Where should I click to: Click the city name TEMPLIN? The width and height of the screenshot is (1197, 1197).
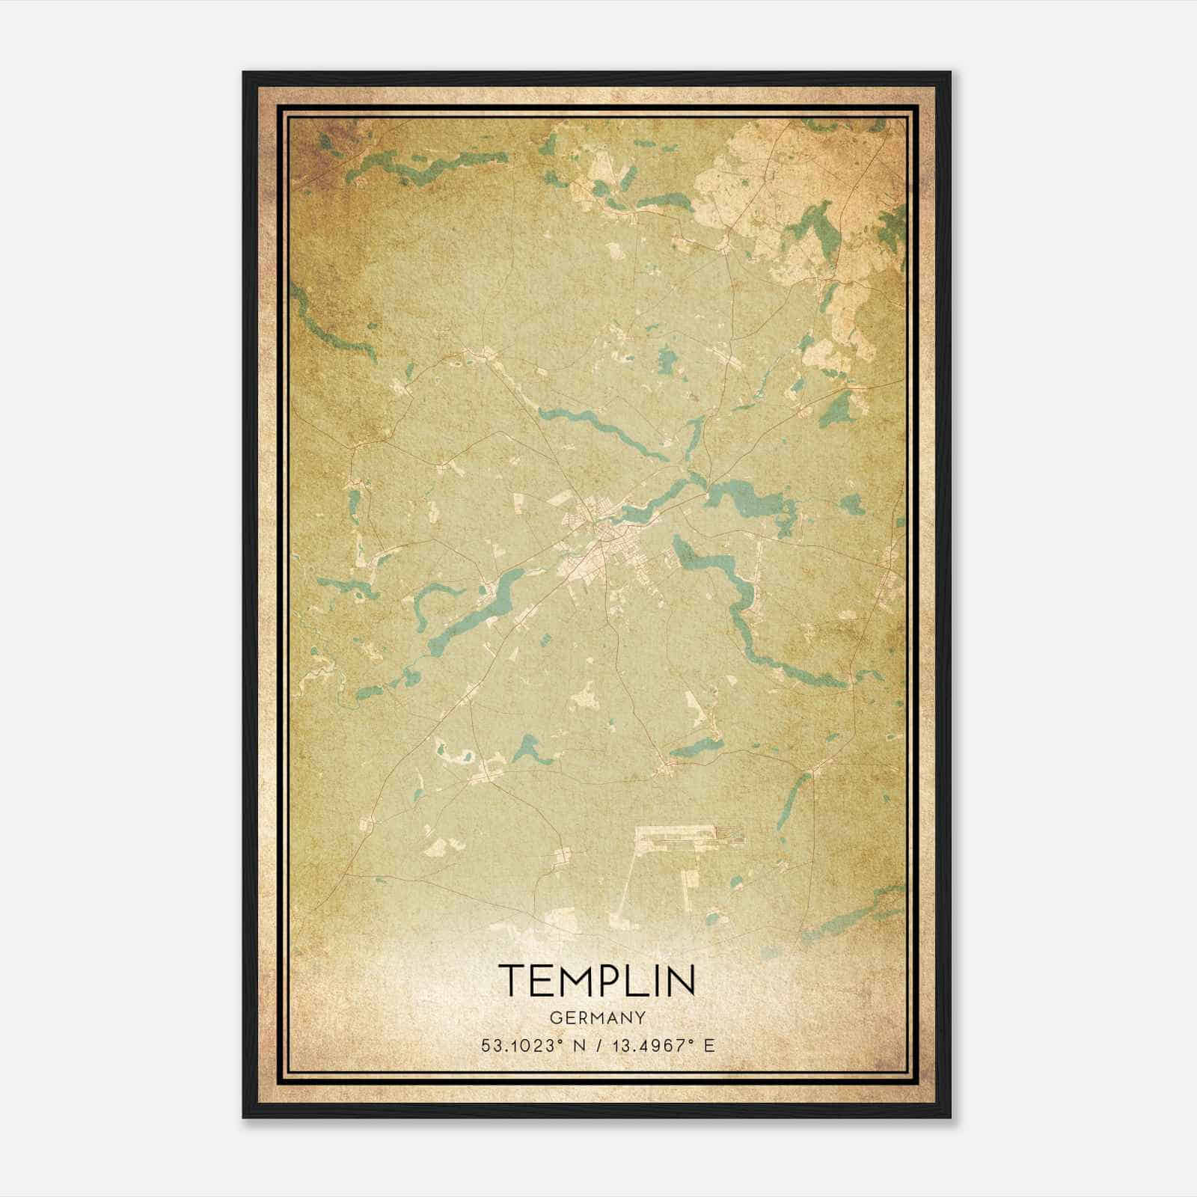(597, 981)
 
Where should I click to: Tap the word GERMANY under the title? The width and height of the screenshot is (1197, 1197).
(597, 1017)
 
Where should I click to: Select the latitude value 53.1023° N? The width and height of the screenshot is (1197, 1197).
(530, 1045)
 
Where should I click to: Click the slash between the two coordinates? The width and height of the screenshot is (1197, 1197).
(601, 1045)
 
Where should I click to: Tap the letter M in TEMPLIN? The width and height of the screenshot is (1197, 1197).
(573, 981)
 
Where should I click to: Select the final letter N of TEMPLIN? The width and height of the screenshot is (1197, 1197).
(680, 981)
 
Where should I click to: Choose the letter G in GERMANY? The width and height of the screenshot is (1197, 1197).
(554, 1017)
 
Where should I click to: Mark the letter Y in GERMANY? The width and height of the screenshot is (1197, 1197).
(640, 1017)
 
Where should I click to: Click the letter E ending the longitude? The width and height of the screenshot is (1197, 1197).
(709, 1045)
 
